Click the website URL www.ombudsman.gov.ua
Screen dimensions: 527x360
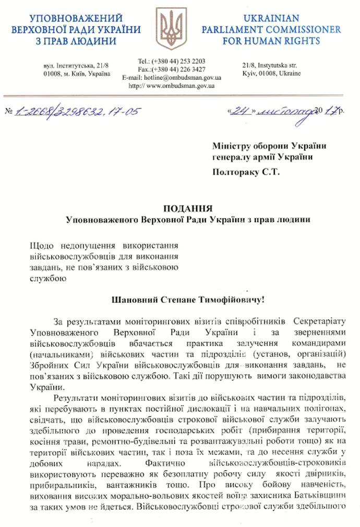pos(181,85)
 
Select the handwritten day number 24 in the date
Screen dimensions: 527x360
pos(242,111)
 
